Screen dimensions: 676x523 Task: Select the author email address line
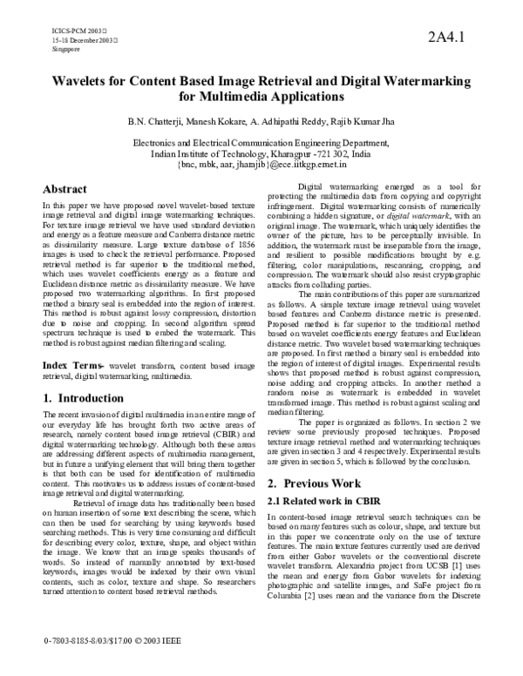click(x=261, y=162)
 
